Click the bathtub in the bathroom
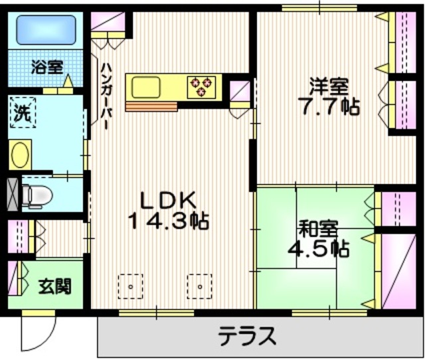click(x=44, y=29)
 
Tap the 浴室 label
click(x=46, y=66)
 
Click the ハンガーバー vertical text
click(x=106, y=92)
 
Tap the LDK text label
click(x=168, y=199)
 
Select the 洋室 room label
click(x=327, y=86)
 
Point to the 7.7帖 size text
click(x=328, y=106)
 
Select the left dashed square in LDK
click(x=130, y=286)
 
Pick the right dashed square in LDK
click(x=200, y=286)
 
